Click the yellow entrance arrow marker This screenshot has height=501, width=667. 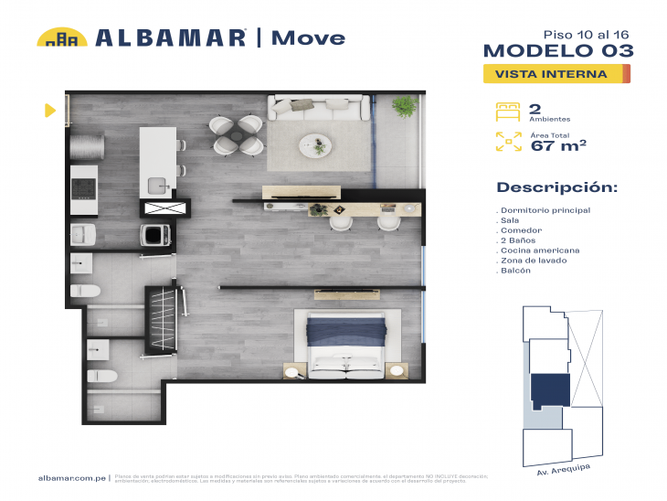point(50,111)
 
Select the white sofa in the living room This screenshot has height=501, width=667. point(312,110)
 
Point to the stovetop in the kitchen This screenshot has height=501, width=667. point(84,187)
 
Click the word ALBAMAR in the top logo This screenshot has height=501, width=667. point(171,37)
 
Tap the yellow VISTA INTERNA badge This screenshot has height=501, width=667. point(556,74)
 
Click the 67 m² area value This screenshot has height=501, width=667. point(558,144)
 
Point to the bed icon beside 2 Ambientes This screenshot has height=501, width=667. point(508,112)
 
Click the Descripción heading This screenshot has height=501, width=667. point(556,187)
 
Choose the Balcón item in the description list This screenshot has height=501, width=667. point(514,271)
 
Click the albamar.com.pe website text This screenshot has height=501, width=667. point(72,478)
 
